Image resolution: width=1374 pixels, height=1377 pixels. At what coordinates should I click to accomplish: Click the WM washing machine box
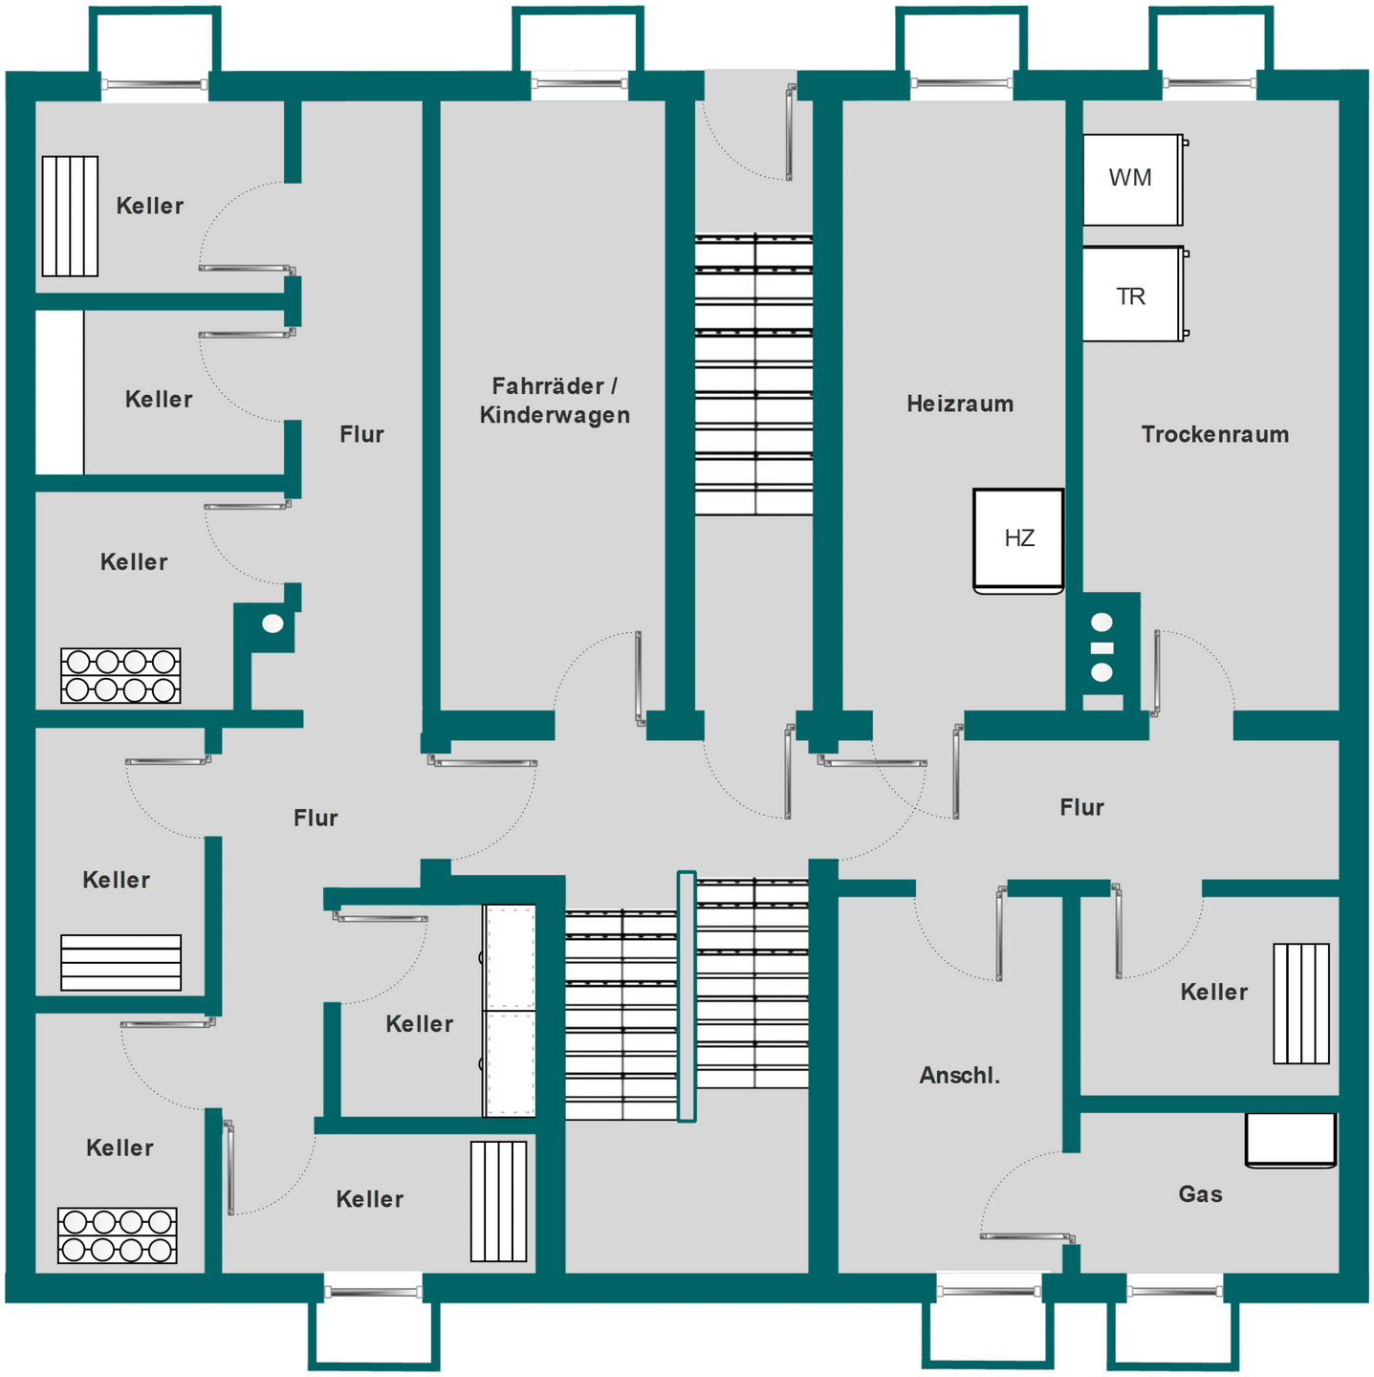(1132, 180)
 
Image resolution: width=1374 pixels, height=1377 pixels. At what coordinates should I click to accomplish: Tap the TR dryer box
(1132, 294)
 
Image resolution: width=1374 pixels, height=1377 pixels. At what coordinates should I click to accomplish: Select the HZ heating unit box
(1018, 541)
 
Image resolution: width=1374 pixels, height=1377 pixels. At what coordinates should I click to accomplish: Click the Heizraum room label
(960, 404)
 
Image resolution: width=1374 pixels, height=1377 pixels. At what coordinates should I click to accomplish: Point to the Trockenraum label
(1214, 434)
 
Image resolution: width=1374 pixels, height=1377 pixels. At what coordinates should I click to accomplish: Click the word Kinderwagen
(555, 415)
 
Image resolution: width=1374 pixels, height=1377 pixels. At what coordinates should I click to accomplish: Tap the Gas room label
(1200, 1194)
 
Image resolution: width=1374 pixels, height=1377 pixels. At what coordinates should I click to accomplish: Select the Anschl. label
(959, 1075)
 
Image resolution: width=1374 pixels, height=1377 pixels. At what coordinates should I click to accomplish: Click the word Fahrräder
(547, 386)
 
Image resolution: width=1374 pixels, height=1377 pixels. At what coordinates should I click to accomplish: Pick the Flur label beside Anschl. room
(1081, 807)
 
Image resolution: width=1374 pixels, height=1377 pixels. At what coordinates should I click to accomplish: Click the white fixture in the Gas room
(1291, 1141)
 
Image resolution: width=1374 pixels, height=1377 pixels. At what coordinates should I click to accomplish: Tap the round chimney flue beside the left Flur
(273, 623)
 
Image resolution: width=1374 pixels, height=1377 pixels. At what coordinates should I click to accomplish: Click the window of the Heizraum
(961, 83)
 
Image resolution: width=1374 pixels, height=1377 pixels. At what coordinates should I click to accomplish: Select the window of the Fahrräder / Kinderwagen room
(578, 84)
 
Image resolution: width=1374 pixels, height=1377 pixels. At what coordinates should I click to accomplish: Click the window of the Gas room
(1174, 1292)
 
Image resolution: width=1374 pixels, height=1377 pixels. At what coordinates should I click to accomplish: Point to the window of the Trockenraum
(1209, 83)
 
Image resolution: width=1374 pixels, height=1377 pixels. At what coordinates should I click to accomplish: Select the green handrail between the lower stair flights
(686, 996)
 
